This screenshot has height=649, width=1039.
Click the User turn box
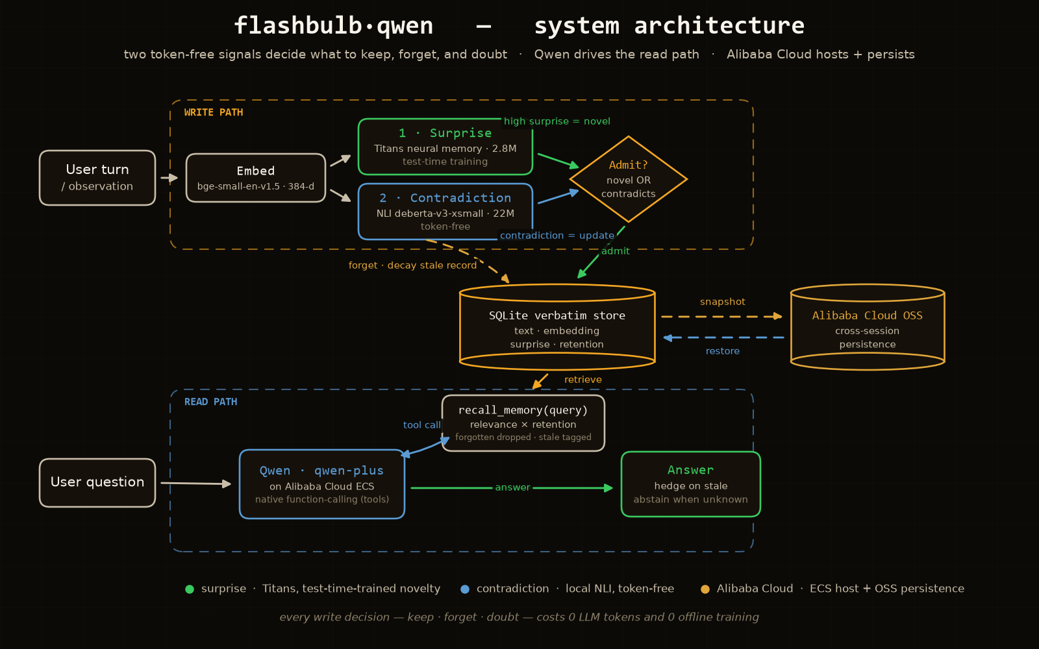coord(97,178)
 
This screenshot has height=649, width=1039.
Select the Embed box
coord(256,178)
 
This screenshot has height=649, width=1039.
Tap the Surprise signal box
coord(445,147)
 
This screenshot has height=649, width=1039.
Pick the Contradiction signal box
coord(445,212)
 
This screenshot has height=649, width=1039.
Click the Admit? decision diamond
coord(629,179)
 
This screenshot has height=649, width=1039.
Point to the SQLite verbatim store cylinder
coord(557,327)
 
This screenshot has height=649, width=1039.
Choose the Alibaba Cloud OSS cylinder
coord(868,327)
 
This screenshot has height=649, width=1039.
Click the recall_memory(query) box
coord(523,422)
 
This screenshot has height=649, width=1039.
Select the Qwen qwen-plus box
coord(322,484)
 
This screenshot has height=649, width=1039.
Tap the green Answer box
coord(691,484)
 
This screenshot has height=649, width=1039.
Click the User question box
coord(97,483)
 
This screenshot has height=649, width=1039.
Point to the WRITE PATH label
coord(214,112)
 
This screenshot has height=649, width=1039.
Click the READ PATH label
coord(210,402)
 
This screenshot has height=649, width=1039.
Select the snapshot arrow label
coord(722,302)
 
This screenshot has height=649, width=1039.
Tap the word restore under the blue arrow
coord(723,351)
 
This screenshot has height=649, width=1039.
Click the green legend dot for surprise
coord(189,589)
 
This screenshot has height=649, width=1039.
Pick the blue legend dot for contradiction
coord(465,589)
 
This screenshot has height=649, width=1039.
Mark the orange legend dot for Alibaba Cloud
coord(705,589)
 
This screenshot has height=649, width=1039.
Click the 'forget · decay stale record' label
coord(413,265)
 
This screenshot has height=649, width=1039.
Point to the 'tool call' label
coord(421,424)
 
